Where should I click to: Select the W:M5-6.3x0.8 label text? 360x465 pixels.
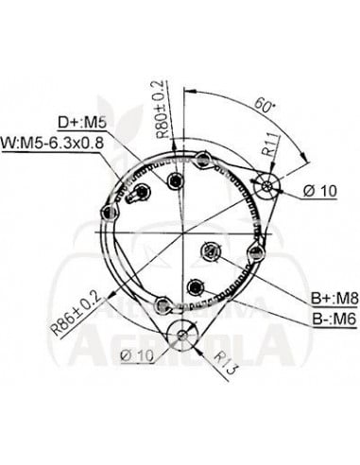[60, 145]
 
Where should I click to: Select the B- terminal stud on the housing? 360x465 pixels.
[195, 286]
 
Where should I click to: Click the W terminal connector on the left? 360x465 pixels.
[139, 195]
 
